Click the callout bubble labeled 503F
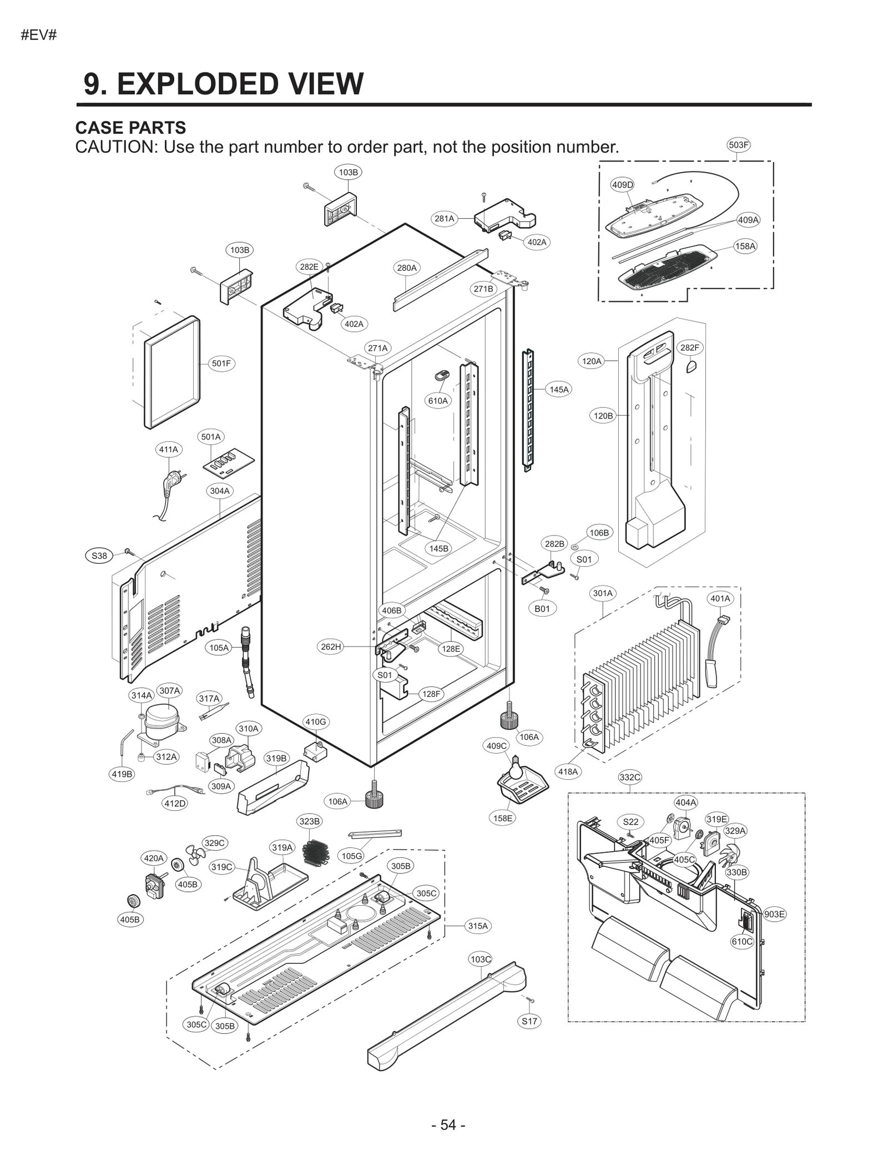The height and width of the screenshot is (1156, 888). tap(738, 145)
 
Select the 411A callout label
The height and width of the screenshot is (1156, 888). tap(168, 450)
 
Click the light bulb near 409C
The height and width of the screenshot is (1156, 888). tap(516, 761)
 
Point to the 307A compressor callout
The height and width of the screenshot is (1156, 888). tap(169, 691)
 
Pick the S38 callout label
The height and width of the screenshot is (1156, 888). tap(99, 556)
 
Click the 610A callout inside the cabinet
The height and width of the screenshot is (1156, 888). tap(437, 401)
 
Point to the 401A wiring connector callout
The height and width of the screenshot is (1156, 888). tap(720, 599)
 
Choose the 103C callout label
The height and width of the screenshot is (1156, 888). tap(481, 960)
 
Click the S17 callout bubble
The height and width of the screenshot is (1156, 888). tap(529, 1021)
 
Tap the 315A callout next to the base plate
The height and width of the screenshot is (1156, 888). tap(478, 926)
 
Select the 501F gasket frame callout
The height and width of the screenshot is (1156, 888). tap(221, 364)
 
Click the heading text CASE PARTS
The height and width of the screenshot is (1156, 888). tap(130, 128)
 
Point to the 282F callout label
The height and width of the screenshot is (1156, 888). tap(689, 348)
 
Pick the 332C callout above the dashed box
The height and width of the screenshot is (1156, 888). tap(629, 778)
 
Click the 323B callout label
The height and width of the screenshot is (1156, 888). tap(309, 821)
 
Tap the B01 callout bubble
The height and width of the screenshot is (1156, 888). tap(542, 609)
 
